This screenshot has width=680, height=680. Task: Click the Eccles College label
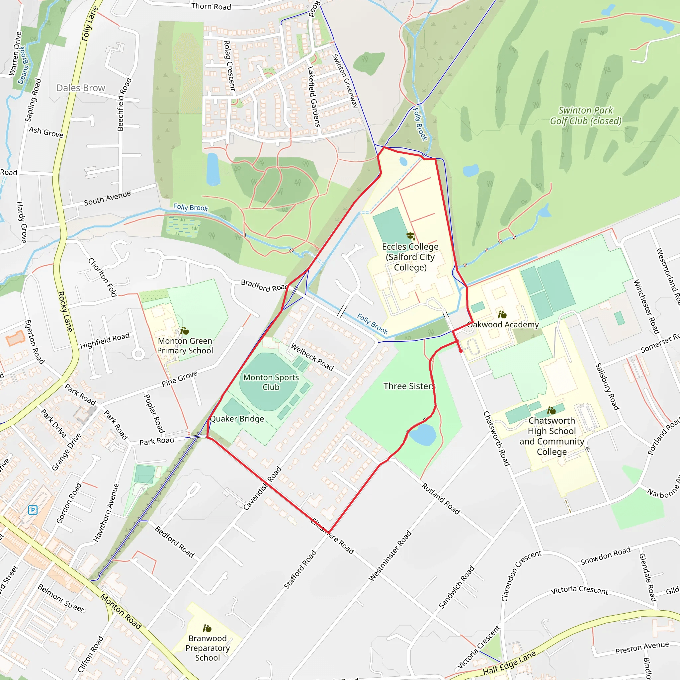point(410,257)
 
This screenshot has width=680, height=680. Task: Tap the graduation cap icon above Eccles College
point(410,236)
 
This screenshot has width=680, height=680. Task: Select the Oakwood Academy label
point(503,324)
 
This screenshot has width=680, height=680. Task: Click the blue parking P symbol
point(33,510)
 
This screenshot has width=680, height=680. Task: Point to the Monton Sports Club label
point(271,382)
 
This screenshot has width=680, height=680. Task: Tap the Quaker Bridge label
point(237,419)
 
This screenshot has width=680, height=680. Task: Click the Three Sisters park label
point(409,386)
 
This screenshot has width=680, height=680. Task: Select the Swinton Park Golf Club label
point(586,116)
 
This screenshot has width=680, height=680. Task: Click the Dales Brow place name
point(81,88)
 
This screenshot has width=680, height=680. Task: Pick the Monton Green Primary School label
point(185,346)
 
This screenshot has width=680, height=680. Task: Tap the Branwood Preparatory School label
point(208,648)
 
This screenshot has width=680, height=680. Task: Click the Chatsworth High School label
point(552,436)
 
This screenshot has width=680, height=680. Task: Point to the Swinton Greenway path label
point(345,80)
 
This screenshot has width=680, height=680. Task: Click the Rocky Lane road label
point(65,311)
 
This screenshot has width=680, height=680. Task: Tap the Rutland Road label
point(441,499)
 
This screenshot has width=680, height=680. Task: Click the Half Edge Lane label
point(509,663)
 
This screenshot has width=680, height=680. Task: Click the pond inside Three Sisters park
point(423,435)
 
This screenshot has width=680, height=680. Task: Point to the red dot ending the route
point(461,351)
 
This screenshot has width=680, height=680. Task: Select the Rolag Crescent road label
point(229,66)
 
